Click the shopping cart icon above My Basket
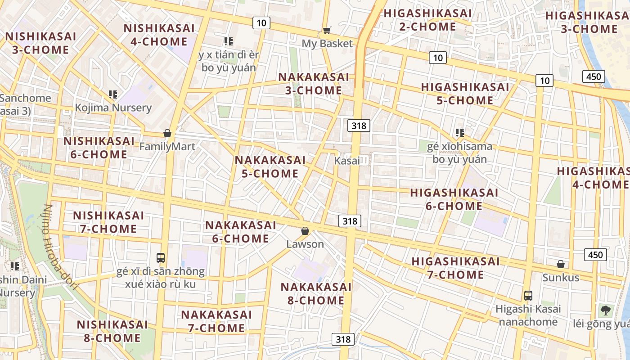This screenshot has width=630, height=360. (327, 31)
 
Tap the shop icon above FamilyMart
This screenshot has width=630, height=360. (167, 133)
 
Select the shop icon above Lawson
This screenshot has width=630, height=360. (305, 231)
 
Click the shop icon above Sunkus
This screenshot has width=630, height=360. (561, 264)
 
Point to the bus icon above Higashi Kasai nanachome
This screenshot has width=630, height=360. (528, 296)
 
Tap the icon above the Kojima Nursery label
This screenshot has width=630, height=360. (113, 94)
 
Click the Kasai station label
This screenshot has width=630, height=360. (347, 161)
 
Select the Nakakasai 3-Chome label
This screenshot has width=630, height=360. (314, 84)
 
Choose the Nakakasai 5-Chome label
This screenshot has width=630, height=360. (270, 166)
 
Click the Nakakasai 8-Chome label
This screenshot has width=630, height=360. (316, 293)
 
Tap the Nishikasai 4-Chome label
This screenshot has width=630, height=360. (159, 35)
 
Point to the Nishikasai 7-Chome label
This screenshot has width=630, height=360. (108, 222)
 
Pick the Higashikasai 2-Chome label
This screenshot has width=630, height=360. (427, 20)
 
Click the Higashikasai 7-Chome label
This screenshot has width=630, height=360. (455, 268)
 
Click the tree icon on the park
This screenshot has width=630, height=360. (606, 310)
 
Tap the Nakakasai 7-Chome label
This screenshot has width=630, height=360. (216, 321)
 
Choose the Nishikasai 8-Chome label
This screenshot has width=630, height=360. (112, 331)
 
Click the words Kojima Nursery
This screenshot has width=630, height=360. (113, 108)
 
